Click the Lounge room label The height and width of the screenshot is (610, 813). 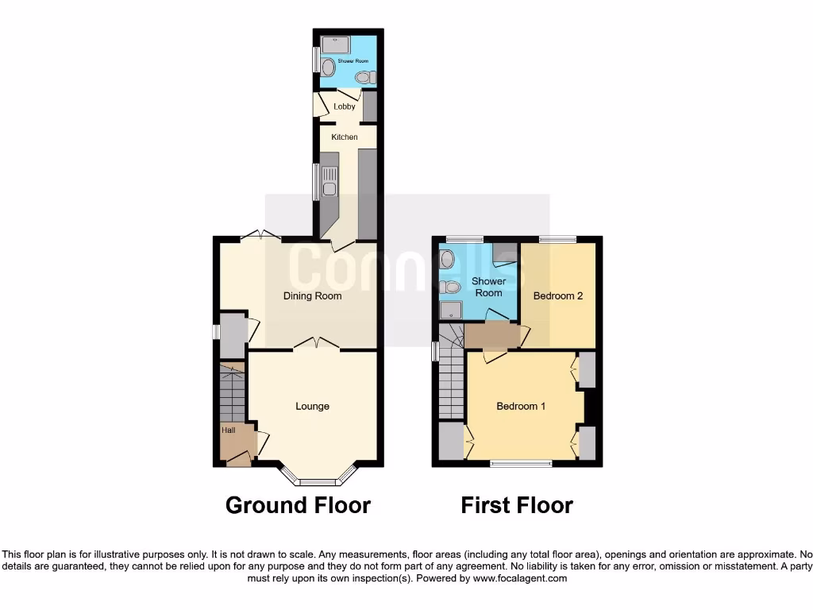click(312, 406)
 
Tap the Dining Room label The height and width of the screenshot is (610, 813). click(313, 295)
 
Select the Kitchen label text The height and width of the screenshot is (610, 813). click(345, 137)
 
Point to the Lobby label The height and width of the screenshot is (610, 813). click(344, 106)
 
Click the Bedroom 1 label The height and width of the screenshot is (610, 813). click(521, 406)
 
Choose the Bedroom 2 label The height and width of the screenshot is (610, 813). click(558, 295)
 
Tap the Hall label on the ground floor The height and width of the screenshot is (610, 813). click(229, 430)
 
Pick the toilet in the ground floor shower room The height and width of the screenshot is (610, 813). click(364, 78)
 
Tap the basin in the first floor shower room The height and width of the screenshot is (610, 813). click(447, 259)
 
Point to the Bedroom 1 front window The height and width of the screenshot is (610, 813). click(521, 463)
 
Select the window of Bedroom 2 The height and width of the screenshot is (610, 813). click(558, 238)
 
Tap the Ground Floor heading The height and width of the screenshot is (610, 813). click(298, 505)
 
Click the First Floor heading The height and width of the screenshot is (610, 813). click(517, 505)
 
